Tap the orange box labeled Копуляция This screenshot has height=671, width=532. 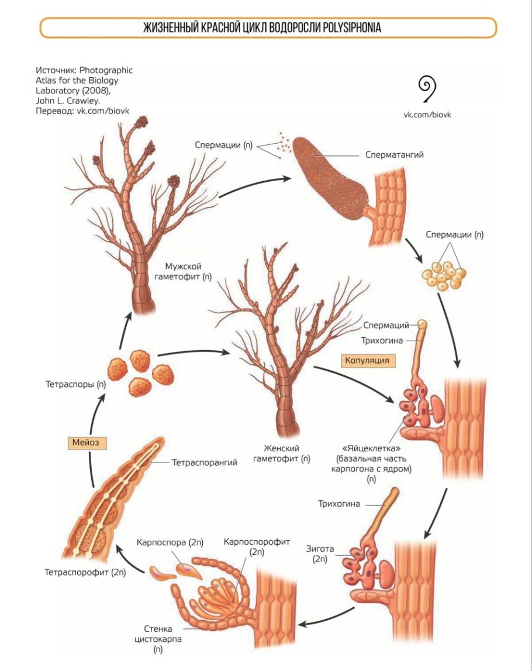pyautogui.click(x=367, y=360)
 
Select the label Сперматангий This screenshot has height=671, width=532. pyautogui.click(x=394, y=155)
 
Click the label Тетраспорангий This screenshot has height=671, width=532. pyautogui.click(x=204, y=463)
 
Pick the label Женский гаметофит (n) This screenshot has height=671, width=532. pyautogui.click(x=281, y=453)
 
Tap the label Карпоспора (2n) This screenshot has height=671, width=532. pyautogui.click(x=170, y=542)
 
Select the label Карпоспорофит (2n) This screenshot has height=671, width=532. pyautogui.click(x=257, y=547)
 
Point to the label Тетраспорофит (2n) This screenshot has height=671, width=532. pyautogui.click(x=86, y=572)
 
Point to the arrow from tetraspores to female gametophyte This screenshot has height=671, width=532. pyautogui.click(x=193, y=352)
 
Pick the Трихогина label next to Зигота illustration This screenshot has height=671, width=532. pyautogui.click(x=339, y=503)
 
